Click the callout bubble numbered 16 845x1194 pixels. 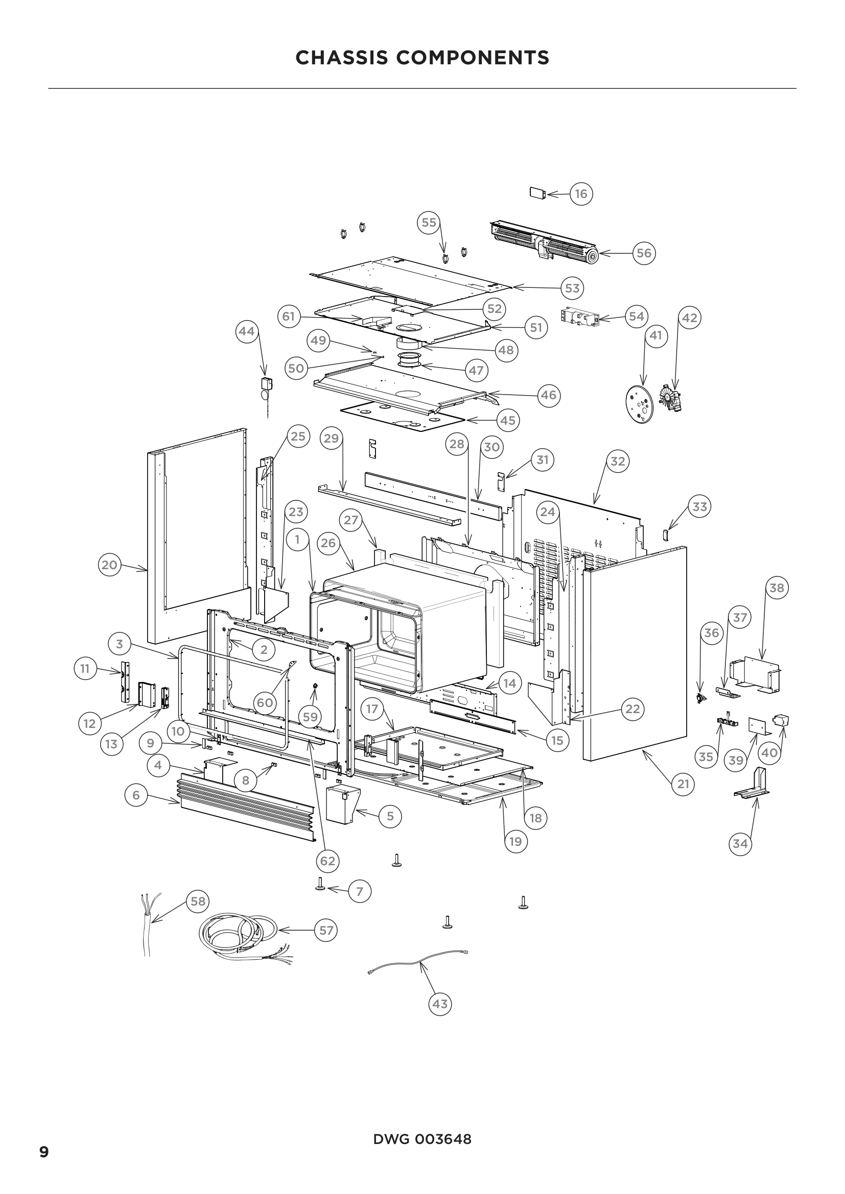(581, 194)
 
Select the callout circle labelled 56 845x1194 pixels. (644, 253)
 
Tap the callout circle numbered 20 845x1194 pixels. (109, 565)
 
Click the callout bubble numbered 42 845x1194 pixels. (689, 318)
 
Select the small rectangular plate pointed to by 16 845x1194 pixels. (537, 193)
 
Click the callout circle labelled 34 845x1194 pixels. (740, 843)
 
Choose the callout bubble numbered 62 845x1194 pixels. (327, 861)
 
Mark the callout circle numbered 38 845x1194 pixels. (777, 588)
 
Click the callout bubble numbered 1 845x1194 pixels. (297, 539)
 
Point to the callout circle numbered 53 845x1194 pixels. (572, 288)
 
